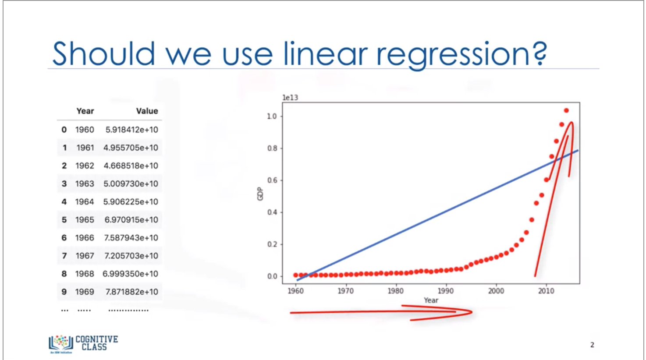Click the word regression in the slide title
pos(461,54)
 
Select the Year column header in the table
pos(85,111)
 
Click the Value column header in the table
pos(147,111)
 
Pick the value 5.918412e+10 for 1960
pos(131,130)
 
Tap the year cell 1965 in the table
pos(85,220)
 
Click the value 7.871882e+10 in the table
pos(131,292)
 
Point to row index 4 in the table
pos(64,202)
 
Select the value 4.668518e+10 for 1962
pos(131,166)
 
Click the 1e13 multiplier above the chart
pos(290,97)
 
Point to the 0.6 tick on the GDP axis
pos(272,180)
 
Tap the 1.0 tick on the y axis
pos(272,116)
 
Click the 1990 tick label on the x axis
pos(446,291)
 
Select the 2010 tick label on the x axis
pos(546,291)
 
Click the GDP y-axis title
pos(260,194)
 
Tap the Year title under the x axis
pos(431,300)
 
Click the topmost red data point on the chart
pos(566,110)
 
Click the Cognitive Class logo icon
pos(61,343)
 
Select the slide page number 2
pos(592,345)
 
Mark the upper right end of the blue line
pos(577,151)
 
